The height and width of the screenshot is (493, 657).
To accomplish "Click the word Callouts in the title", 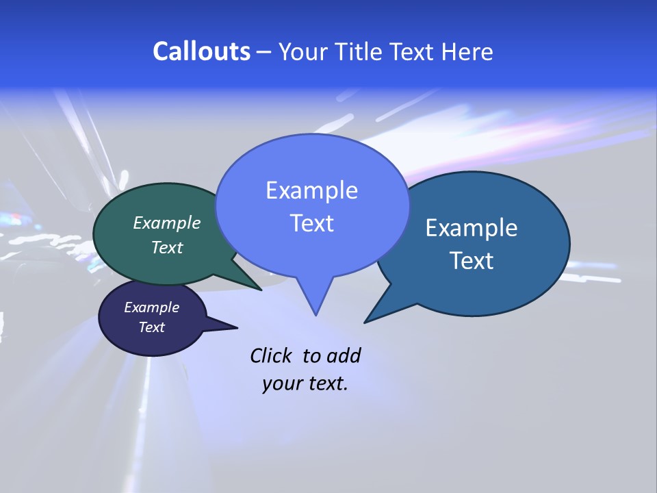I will (202, 51).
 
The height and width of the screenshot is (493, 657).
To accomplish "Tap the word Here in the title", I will (467, 51).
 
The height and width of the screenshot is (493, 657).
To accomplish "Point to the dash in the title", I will (264, 52).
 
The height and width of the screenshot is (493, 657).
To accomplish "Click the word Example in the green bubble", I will (167, 223).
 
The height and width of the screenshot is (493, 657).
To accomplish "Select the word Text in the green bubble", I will (167, 247).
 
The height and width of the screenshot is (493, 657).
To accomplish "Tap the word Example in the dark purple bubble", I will (151, 307).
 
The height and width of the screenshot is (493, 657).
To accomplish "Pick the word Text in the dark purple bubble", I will (151, 327).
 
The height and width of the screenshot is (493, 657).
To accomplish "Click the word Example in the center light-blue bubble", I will (311, 190).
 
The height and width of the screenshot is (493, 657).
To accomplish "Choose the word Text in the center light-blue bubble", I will (311, 223).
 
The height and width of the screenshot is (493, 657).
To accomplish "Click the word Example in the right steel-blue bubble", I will (472, 228).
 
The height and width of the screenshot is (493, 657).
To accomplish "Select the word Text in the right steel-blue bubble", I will (472, 261).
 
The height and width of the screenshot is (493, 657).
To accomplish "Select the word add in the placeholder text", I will (343, 355).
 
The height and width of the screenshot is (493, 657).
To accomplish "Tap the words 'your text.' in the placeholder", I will (305, 383).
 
